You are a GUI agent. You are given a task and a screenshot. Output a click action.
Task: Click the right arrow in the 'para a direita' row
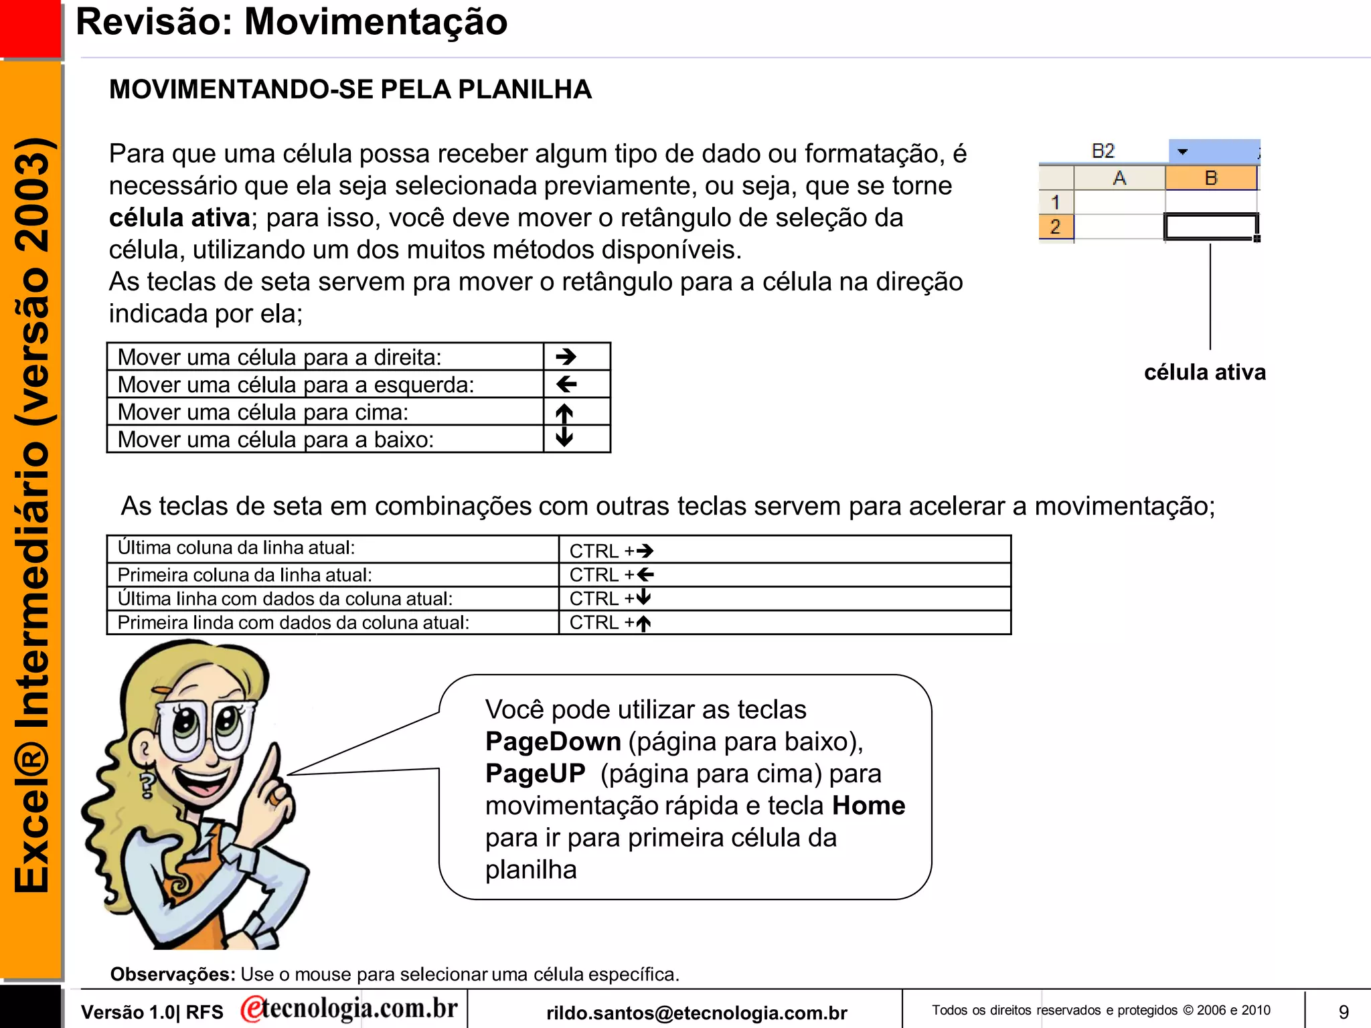pyautogui.click(x=566, y=357)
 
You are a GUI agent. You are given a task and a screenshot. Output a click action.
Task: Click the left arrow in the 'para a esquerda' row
pyautogui.click(x=566, y=384)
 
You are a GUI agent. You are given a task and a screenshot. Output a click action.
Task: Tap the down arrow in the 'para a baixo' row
pyautogui.click(x=564, y=437)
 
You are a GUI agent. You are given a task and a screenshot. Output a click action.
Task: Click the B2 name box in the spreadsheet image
pyautogui.click(x=1103, y=151)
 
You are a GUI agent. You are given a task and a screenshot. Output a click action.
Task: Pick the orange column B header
pyautogui.click(x=1210, y=179)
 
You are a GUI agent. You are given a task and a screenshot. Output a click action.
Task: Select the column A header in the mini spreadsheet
pyautogui.click(x=1119, y=179)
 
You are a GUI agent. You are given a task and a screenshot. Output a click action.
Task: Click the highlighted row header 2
pyautogui.click(x=1056, y=227)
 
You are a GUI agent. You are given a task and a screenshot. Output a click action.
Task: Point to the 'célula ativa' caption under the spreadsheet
pyautogui.click(x=1204, y=372)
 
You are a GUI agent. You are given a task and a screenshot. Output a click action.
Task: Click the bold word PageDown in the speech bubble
pyautogui.click(x=553, y=742)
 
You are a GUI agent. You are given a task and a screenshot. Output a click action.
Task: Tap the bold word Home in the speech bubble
pyautogui.click(x=868, y=806)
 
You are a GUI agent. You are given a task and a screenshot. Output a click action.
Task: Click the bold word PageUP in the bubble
pyautogui.click(x=535, y=774)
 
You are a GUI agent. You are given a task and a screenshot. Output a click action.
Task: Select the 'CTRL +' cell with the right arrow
pyautogui.click(x=611, y=551)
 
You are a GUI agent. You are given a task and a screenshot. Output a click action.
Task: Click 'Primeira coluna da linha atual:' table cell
pyautogui.click(x=245, y=575)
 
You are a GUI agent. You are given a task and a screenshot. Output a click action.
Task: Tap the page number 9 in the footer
pyautogui.click(x=1343, y=1011)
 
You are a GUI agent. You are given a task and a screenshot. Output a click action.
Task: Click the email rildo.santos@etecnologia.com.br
pyautogui.click(x=696, y=1013)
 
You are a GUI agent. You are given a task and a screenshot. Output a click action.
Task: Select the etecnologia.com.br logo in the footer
pyautogui.click(x=349, y=1009)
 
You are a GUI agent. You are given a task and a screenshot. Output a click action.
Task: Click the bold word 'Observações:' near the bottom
pyautogui.click(x=173, y=974)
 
